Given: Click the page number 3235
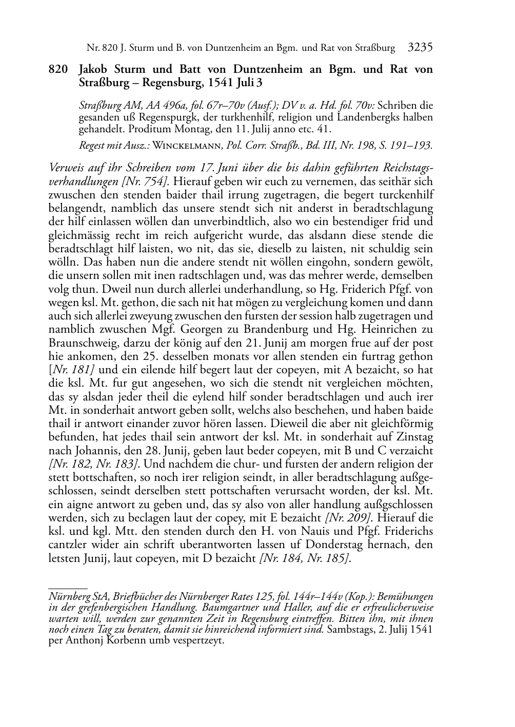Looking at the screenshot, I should (x=421, y=48).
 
